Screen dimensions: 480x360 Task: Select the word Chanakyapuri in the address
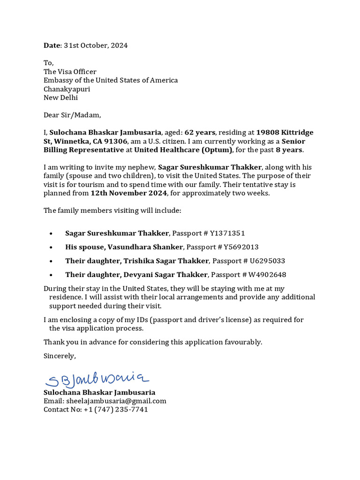[67, 89]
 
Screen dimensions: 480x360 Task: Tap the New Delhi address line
[60, 97]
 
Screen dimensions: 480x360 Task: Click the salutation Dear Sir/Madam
[72, 115]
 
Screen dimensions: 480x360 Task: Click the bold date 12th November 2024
[129, 193]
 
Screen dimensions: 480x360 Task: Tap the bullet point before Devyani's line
[51, 275]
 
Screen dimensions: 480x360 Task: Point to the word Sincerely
[60, 356]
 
